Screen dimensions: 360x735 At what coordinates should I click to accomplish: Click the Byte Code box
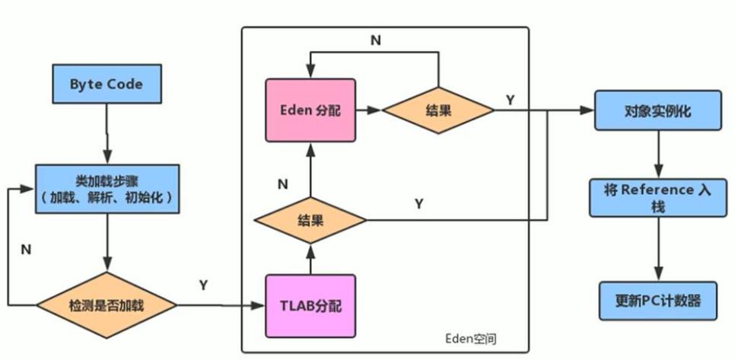pos(107,84)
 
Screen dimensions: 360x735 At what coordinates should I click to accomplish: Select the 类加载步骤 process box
pos(107,190)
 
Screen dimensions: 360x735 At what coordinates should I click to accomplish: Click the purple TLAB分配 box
pos(310,307)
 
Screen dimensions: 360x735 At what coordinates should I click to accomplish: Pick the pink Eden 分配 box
pos(310,110)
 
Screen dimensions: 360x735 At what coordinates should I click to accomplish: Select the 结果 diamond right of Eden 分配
pos(438,110)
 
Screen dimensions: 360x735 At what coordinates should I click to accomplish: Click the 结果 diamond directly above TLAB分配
pos(310,221)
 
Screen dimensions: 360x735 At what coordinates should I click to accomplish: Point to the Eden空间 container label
pos(471,336)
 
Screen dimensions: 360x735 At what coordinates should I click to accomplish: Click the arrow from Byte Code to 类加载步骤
pos(107,133)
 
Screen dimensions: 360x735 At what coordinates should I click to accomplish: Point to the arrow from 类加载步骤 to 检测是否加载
pos(107,244)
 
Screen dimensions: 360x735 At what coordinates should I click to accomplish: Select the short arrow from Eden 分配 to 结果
pos(368,110)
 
